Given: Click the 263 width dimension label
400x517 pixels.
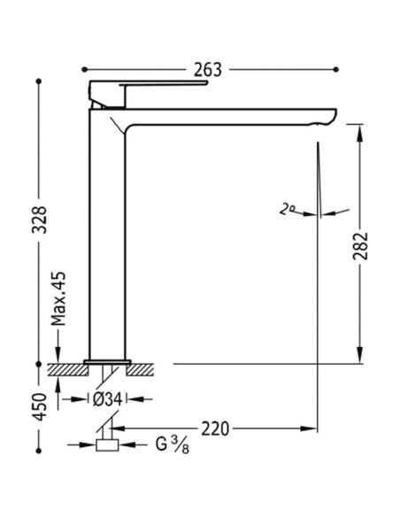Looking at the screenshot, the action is click(x=208, y=70).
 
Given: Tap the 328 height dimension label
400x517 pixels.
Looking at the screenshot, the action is click(x=40, y=220).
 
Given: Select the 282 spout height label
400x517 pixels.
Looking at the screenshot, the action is click(x=360, y=246).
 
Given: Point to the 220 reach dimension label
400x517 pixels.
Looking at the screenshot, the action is click(x=215, y=428).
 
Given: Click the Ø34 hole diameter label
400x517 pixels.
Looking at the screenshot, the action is click(x=107, y=399).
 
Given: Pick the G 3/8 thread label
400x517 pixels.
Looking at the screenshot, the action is click(x=172, y=444).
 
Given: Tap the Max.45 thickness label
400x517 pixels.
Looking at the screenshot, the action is click(x=58, y=298).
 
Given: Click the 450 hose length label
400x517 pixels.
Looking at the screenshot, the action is click(x=40, y=406).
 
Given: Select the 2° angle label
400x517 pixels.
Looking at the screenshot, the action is click(x=287, y=209).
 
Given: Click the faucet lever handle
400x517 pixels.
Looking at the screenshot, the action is click(x=149, y=83).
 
